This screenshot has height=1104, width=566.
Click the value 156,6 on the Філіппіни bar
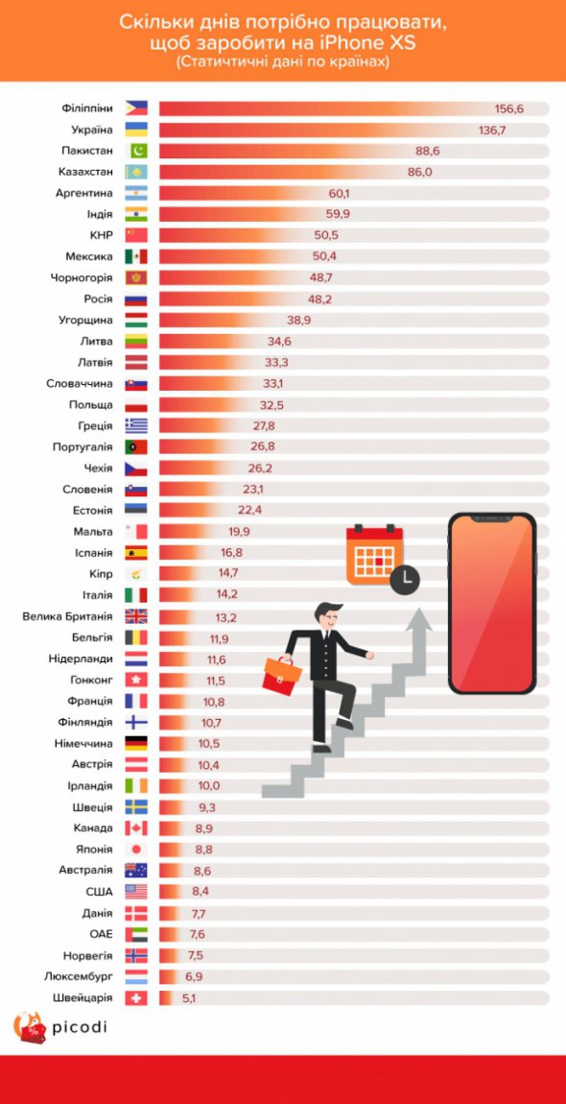[508, 108]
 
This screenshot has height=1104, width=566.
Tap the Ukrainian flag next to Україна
[136, 130]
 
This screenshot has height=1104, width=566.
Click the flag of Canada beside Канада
[136, 828]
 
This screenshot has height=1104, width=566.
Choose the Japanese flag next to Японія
[136, 850]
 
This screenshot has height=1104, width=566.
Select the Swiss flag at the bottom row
[136, 997]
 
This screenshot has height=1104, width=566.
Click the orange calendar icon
[372, 554]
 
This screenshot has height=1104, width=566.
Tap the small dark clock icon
[405, 578]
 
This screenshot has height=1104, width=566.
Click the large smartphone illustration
[491, 603]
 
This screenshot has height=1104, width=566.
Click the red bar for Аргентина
[240, 193]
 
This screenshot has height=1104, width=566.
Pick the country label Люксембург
[75, 976]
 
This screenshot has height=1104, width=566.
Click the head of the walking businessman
[329, 614]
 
